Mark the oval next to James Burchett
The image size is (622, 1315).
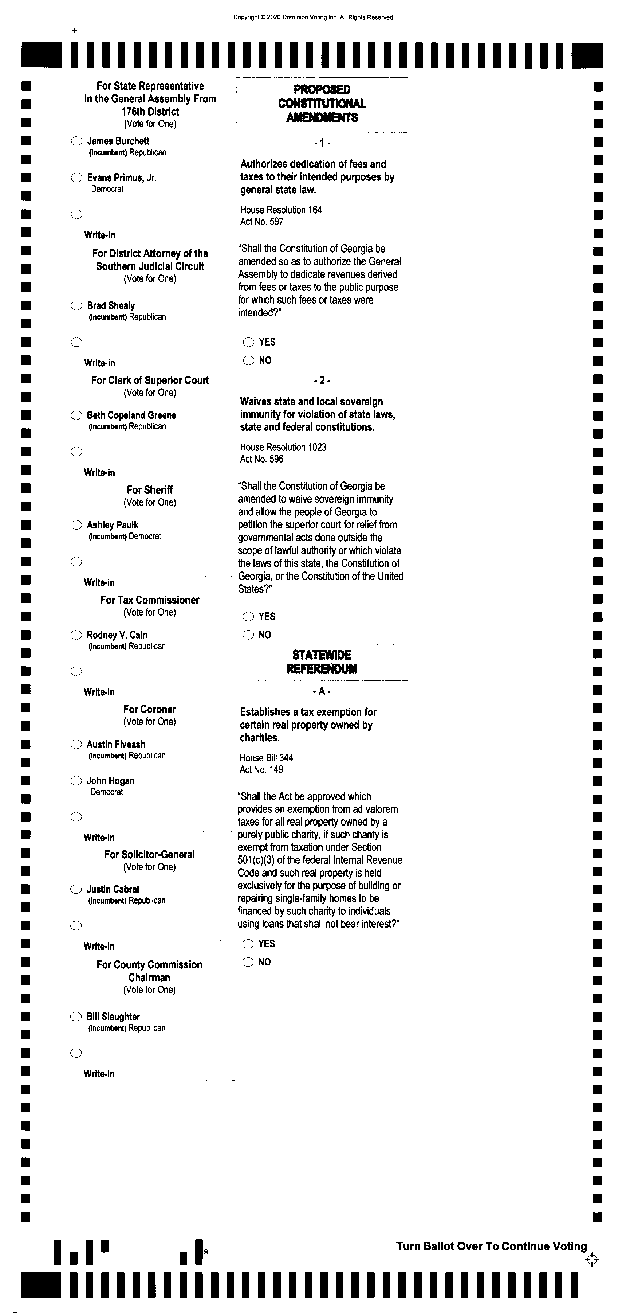pos(76,141)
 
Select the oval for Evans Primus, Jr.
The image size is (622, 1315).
pos(76,177)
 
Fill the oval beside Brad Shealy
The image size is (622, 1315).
pos(76,306)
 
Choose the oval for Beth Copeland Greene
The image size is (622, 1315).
pos(76,415)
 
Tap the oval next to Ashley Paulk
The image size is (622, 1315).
pos(76,525)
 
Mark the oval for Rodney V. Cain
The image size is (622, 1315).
pos(76,635)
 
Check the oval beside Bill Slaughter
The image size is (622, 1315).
pos(75,1017)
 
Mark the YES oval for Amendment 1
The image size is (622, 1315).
pos(248,342)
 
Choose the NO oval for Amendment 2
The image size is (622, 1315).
pos(248,635)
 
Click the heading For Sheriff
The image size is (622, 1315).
pos(150,490)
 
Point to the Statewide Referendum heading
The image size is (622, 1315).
pos(322,662)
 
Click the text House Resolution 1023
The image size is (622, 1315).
pos(283,447)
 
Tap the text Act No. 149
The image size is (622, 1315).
pos(261,769)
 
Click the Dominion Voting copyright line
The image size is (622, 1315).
pos(313,17)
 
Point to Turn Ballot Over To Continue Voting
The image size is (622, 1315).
pos(491,1246)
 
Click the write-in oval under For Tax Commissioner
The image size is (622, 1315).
pos(76,671)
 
